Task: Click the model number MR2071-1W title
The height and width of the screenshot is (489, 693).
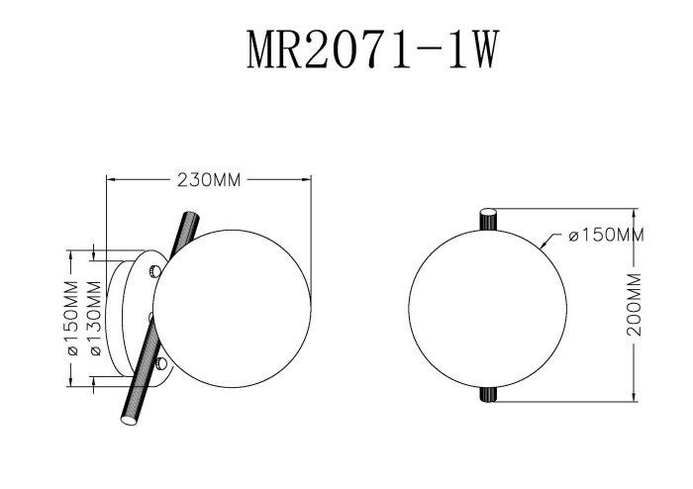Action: pos(370,49)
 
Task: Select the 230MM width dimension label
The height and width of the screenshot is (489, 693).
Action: pos(209,180)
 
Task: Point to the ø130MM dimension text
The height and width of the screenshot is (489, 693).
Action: pos(95,320)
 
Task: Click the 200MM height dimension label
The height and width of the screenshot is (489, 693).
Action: pos(636,306)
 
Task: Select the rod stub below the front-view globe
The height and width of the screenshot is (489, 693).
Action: pos(488,394)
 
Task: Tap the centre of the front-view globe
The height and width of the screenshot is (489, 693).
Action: pos(488,306)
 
